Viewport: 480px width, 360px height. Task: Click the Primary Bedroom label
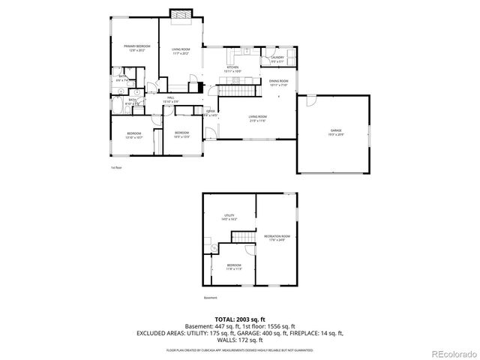[137, 48]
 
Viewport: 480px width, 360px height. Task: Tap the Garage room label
[335, 133]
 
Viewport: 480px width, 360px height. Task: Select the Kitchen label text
[232, 69]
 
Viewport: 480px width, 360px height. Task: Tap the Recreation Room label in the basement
[275, 238]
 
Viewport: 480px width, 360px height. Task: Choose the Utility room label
[229, 217]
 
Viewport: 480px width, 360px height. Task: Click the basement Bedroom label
[234, 265]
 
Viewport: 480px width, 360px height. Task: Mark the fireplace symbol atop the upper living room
[180, 13]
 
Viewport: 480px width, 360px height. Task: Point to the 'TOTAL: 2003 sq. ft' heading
[240, 319]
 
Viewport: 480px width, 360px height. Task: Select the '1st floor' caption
[115, 167]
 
